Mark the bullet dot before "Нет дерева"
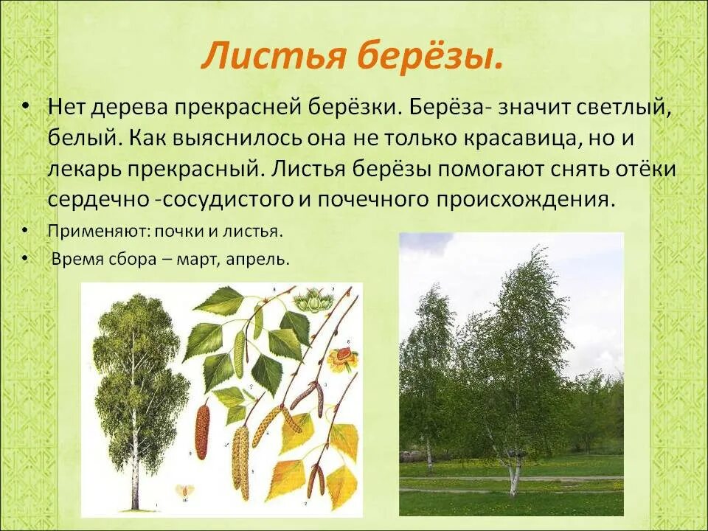(25, 108)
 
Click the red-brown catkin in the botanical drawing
(201, 432)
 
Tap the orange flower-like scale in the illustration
(343, 359)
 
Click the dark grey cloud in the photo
(428, 243)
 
